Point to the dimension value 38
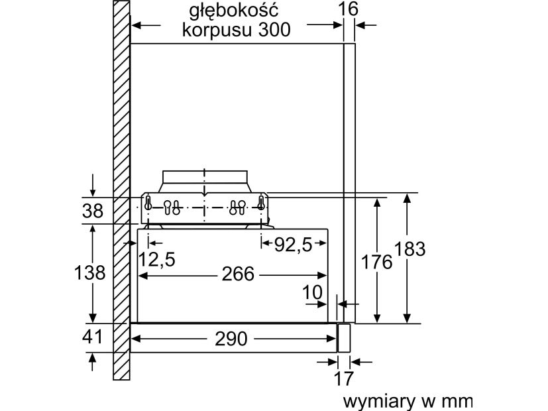(x=93, y=211)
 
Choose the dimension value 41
(x=93, y=337)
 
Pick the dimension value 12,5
(x=157, y=260)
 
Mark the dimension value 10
(x=313, y=292)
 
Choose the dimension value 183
(x=410, y=249)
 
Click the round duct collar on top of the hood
(x=205, y=180)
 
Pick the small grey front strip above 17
(x=343, y=337)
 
